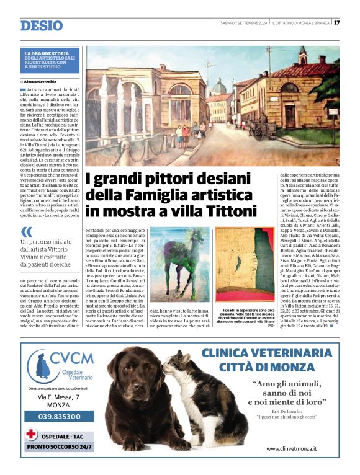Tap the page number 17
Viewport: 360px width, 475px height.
click(336, 23)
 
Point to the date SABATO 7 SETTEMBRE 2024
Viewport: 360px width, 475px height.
click(243, 23)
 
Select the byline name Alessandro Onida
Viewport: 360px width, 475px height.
click(44, 81)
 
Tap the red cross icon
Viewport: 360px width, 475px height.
click(32, 435)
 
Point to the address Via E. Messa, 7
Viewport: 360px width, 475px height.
click(59, 397)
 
